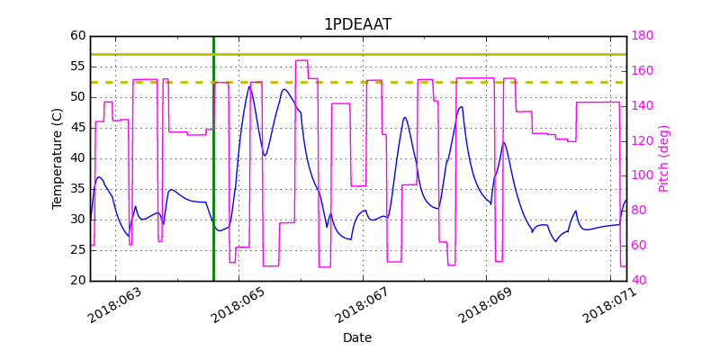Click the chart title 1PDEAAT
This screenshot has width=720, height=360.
[357, 24]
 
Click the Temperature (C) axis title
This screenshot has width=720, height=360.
[58, 158]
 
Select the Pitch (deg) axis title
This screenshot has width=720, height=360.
[664, 158]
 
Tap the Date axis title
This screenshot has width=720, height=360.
[357, 338]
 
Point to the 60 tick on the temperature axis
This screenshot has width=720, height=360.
[77, 36]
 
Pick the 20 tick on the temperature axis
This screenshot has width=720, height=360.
[77, 281]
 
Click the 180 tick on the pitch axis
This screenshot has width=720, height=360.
[642, 36]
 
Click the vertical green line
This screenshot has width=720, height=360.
[213, 180]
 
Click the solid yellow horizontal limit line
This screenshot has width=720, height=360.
[360, 54]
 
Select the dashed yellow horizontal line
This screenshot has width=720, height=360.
[360, 82]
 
